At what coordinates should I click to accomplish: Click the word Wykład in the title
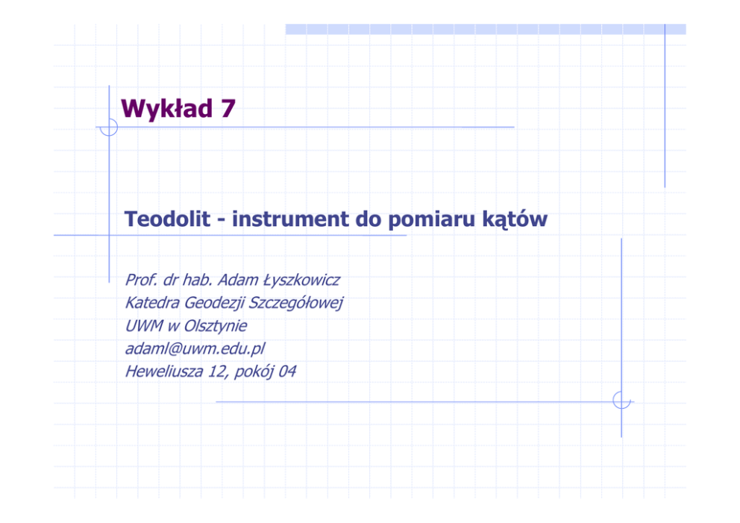(167, 108)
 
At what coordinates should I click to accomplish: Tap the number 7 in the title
(228, 108)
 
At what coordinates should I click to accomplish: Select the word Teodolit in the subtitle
(167, 219)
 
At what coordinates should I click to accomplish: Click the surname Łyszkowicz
(301, 280)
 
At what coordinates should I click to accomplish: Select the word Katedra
(152, 303)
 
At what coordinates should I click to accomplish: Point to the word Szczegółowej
(295, 304)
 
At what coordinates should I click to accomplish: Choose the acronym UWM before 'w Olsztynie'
(144, 326)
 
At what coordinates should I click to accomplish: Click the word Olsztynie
(215, 327)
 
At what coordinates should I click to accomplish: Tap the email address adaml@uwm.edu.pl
(195, 349)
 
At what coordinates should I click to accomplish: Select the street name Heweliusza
(164, 372)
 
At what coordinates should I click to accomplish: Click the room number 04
(287, 372)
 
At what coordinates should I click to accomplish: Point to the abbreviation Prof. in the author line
(141, 280)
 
